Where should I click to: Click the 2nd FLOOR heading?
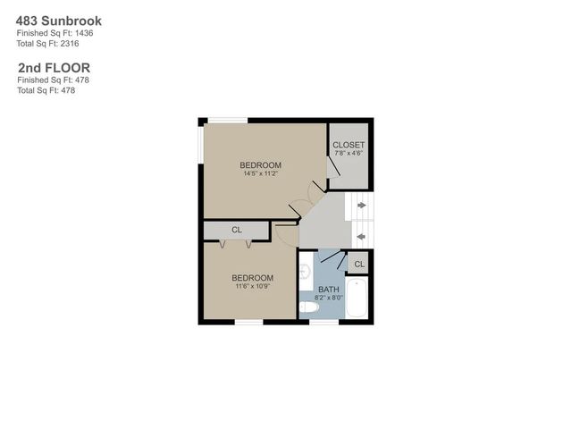[x=54, y=67]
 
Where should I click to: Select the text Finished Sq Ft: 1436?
[x=55, y=33]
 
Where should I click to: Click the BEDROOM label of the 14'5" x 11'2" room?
[x=260, y=164]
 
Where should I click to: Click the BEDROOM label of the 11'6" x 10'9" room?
[x=254, y=277]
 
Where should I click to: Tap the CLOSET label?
[x=348, y=145]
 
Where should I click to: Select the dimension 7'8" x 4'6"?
[x=348, y=153]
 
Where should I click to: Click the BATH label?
[x=329, y=290]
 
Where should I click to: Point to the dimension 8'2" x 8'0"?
[x=329, y=299]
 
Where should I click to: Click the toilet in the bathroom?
[x=308, y=307]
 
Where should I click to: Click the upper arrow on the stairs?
[x=360, y=206]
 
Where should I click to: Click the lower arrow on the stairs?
[x=360, y=236]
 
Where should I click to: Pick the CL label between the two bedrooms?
[x=237, y=231]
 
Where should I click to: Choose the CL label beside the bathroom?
[x=359, y=265]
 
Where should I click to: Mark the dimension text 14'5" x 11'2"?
[x=260, y=173]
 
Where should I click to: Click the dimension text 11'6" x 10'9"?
[x=254, y=286]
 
